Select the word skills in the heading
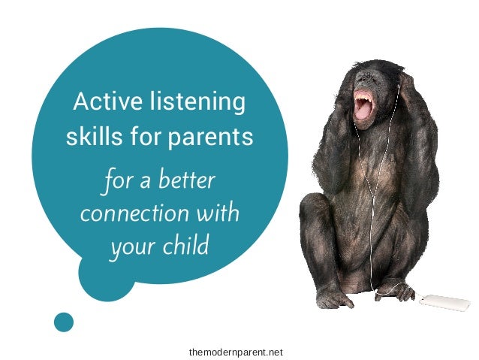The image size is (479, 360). (x=88, y=138)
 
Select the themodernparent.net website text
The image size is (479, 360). (x=236, y=351)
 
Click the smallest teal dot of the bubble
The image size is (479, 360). (x=65, y=322)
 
